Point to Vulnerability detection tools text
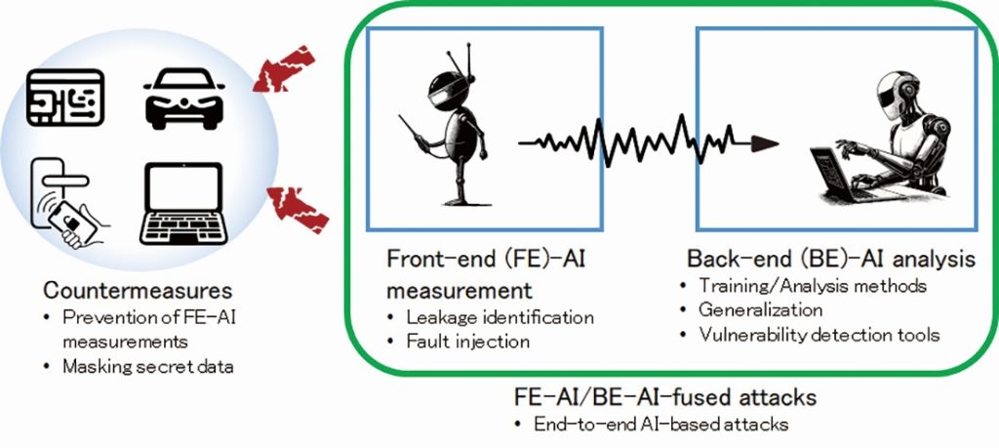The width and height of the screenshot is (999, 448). point(819,334)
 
